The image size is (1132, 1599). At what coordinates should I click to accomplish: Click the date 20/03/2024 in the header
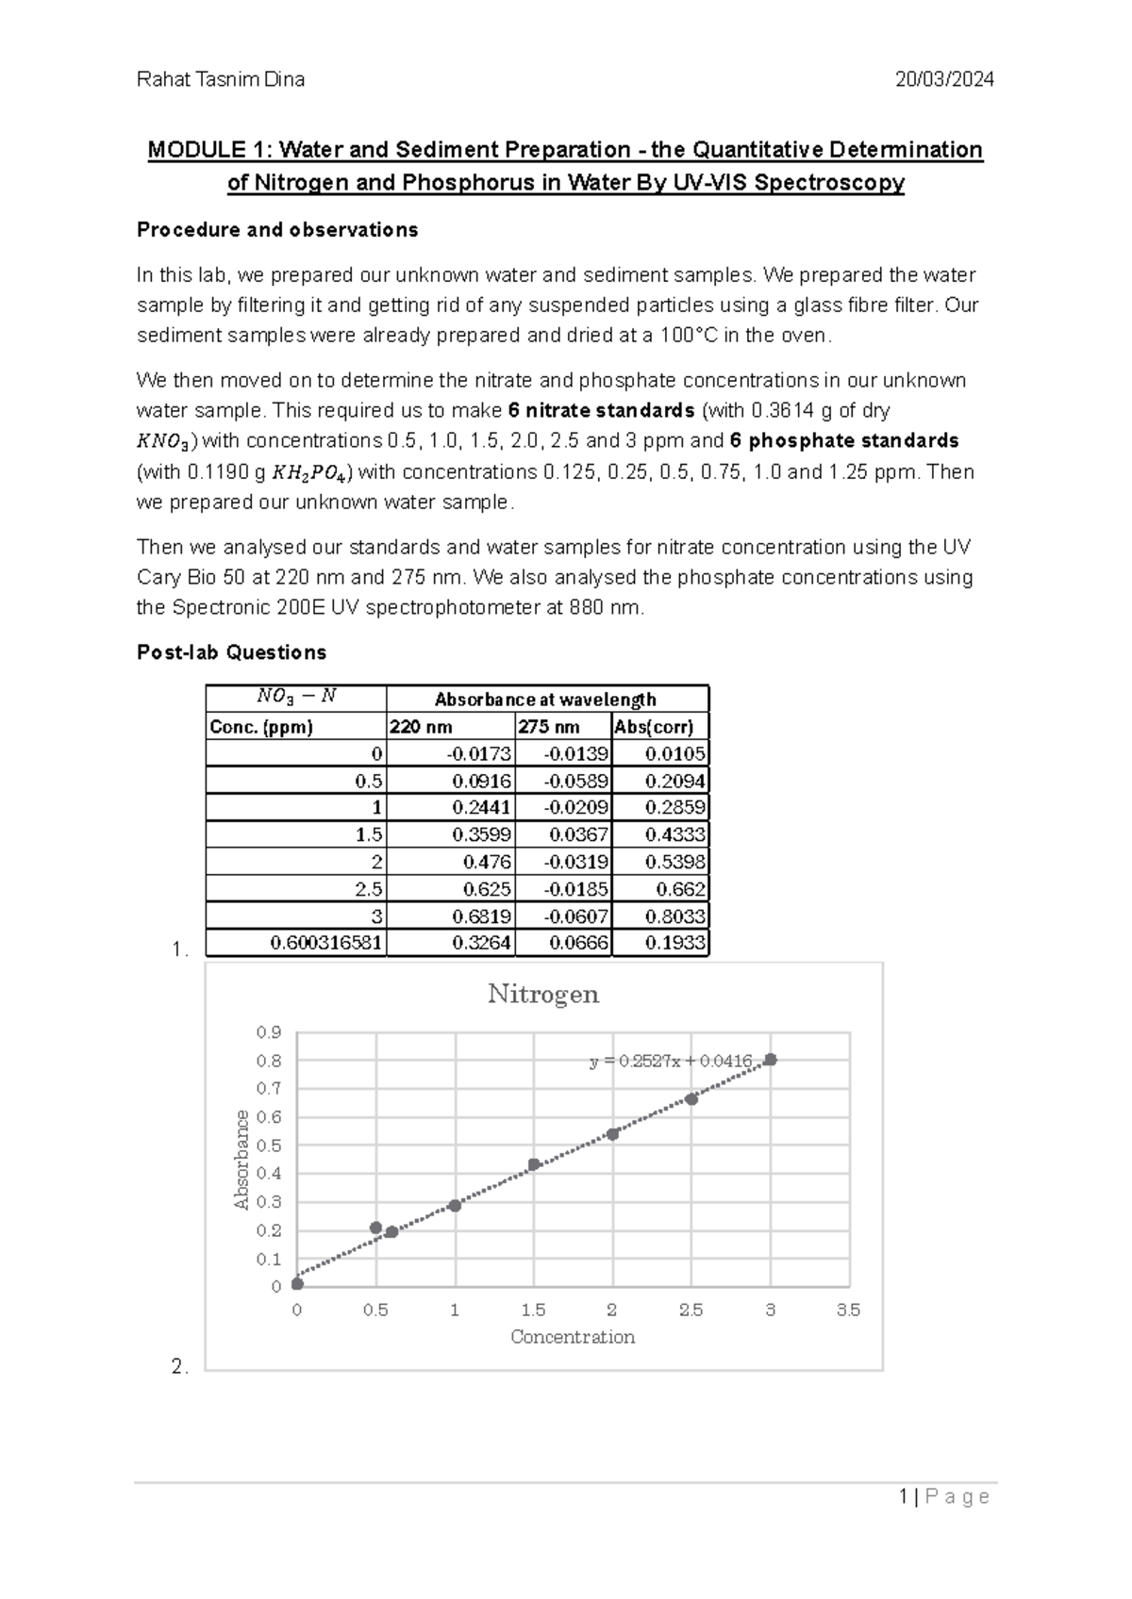944,79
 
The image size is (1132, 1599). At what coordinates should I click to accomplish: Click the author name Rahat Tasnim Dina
221,79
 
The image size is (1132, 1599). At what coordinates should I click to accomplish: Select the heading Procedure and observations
277,230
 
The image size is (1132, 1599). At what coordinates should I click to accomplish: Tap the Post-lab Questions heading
231,652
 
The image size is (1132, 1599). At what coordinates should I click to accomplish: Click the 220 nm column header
421,727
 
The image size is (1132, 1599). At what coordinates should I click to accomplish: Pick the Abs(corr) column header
654,727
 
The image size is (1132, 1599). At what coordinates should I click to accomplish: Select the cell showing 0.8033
675,916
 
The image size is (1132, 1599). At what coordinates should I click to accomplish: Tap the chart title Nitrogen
543,995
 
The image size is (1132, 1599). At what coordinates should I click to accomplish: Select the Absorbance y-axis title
241,1160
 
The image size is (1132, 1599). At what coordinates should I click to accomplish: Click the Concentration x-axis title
572,1337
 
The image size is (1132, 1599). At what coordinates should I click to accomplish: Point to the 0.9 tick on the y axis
269,1032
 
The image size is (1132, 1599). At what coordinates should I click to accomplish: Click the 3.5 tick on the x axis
848,1311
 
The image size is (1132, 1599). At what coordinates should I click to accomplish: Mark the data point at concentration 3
771,1060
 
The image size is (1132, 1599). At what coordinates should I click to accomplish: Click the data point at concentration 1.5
534,1164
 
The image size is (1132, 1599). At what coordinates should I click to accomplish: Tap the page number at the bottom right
944,1497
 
